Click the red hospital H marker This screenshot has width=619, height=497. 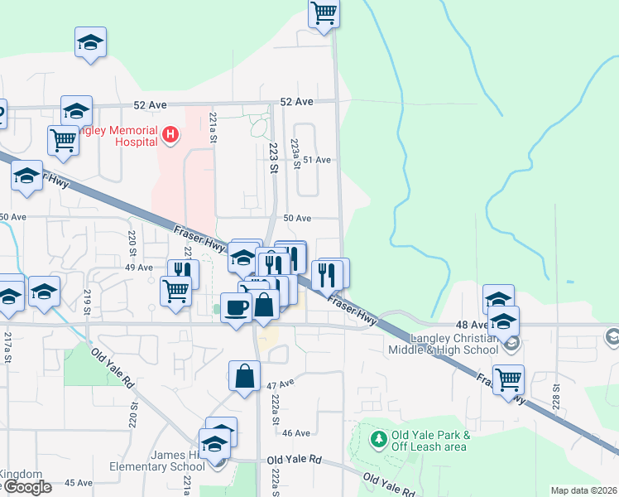[170, 133]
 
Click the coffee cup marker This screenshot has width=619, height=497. [237, 307]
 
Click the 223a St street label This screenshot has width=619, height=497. [295, 153]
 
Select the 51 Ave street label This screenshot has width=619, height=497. [317, 159]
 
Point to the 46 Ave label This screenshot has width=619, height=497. [295, 432]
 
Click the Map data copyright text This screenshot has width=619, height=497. [583, 490]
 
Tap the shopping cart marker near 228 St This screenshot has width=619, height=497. [508, 379]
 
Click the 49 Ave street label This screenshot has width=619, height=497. [138, 268]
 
